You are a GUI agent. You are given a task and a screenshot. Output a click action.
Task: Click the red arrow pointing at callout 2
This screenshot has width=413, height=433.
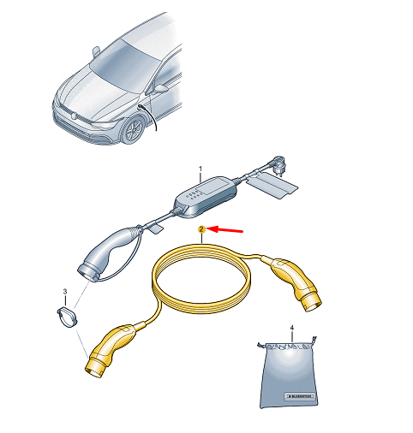coord(227,229)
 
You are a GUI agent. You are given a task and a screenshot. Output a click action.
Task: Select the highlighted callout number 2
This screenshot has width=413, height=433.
coord(201,230)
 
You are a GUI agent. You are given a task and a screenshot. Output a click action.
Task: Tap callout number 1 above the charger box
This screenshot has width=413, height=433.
coord(201,169)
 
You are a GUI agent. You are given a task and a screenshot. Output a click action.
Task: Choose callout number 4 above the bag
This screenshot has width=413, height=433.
coord(292,328)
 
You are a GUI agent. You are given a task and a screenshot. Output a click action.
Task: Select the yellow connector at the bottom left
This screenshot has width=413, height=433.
coord(111,347)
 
